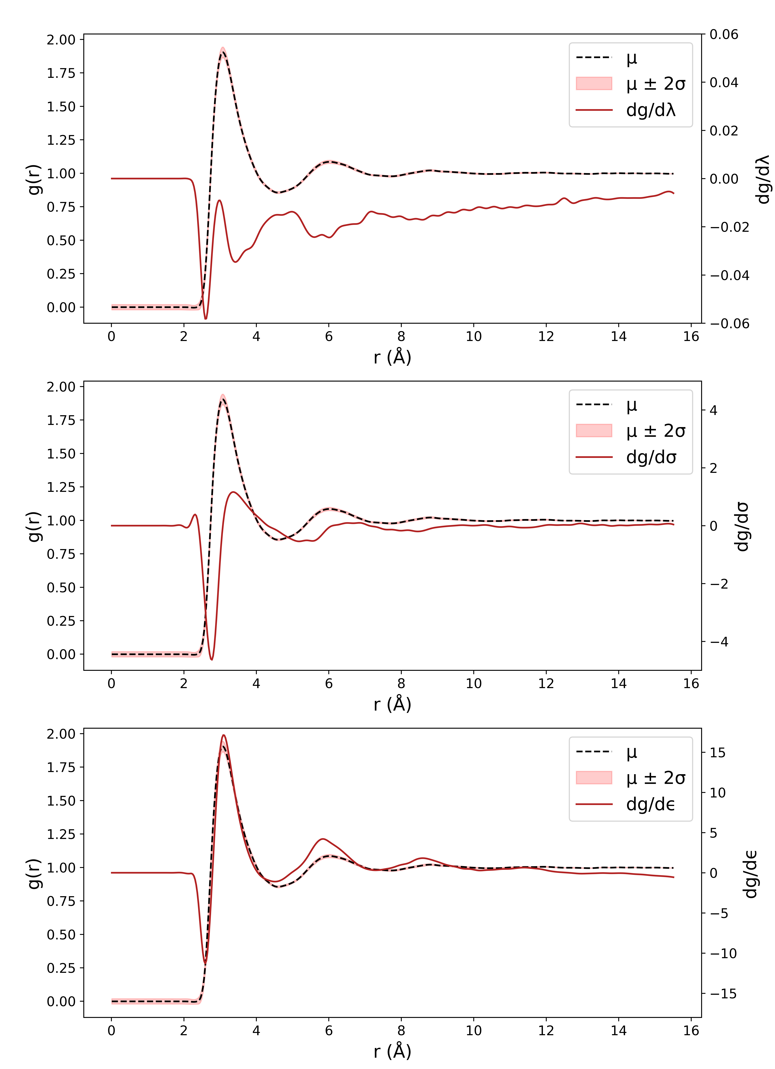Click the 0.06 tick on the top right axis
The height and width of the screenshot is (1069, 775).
click(724, 34)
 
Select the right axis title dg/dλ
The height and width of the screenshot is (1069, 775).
click(763, 179)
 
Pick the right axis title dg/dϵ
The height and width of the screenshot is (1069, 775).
click(751, 873)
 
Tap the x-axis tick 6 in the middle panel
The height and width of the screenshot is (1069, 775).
click(329, 683)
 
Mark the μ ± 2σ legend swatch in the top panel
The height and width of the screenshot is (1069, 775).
click(594, 83)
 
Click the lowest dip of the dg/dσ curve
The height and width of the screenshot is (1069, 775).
click(212, 659)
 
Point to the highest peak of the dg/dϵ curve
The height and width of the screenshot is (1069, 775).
click(224, 735)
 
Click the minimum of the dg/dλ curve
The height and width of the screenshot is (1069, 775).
click(205, 319)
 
